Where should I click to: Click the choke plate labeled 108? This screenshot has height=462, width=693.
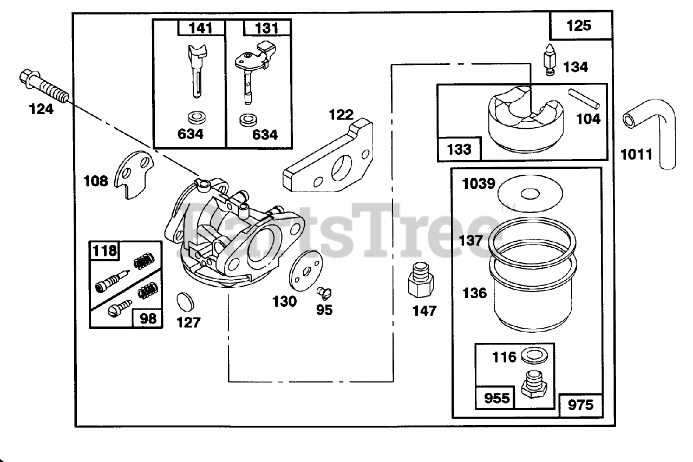(135, 175)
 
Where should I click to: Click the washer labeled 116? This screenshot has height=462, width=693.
(533, 357)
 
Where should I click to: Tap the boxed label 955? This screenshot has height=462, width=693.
(495, 398)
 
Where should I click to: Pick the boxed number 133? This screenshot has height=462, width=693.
(459, 149)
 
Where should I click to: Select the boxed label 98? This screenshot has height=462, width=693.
(147, 318)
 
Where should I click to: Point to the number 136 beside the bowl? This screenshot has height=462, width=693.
(474, 293)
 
